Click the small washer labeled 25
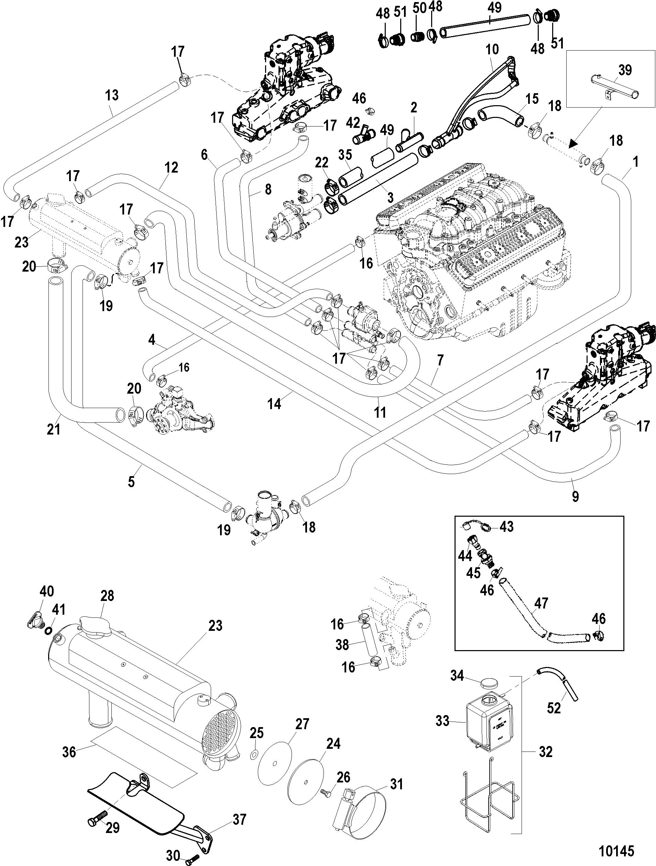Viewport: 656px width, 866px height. coord(254,754)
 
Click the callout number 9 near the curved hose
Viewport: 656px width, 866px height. coord(575,497)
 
